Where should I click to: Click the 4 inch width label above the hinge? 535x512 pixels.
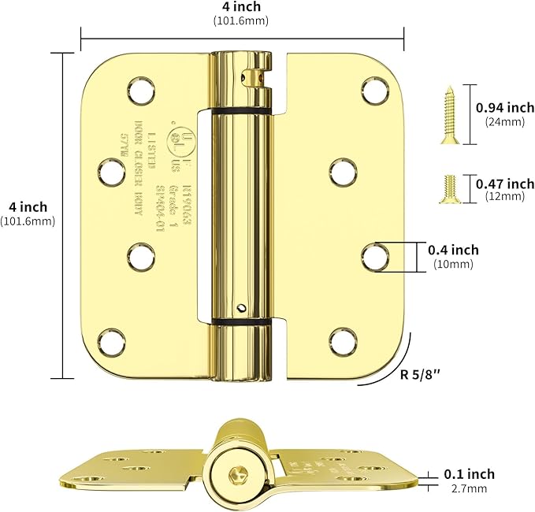click(242, 8)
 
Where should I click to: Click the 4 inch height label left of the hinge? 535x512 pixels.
click(28, 207)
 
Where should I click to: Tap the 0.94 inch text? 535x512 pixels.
click(506, 107)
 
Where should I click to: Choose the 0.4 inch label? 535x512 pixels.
click(453, 250)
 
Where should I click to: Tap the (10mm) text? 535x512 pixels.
click(453, 264)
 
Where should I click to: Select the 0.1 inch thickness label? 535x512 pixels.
click(469, 473)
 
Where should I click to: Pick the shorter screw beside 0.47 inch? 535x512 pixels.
click(445, 187)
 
